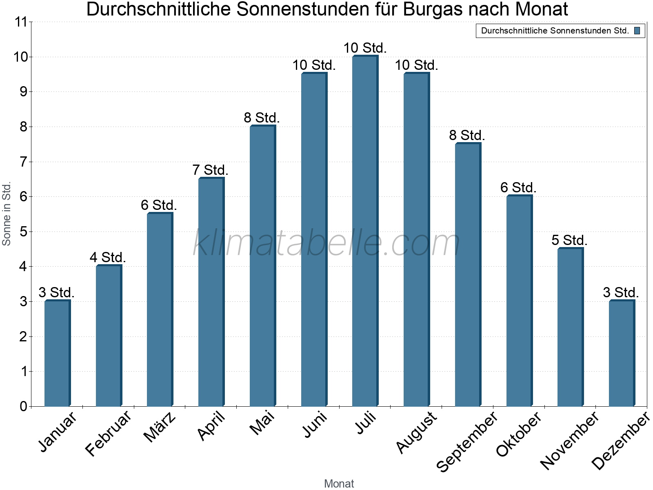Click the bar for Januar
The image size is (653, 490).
tap(57, 353)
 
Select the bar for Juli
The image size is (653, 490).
tap(365, 231)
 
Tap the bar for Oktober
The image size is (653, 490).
tap(519, 301)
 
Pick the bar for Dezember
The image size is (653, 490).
tap(622, 353)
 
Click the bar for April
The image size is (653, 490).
tap(211, 292)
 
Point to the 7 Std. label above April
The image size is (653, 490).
tap(210, 169)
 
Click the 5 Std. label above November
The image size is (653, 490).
tap(569, 240)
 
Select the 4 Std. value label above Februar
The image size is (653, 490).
tap(108, 257)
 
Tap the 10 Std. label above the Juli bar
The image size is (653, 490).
tap(365, 48)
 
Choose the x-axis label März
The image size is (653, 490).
tap(160, 427)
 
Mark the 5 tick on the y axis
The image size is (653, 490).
tap(23, 232)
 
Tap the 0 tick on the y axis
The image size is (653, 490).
tap(23, 406)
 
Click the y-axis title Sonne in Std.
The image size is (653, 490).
tap(7, 214)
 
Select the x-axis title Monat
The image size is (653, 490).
tap(339, 483)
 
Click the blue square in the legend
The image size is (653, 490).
tap(637, 31)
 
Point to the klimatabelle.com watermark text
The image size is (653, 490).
tap(326, 243)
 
